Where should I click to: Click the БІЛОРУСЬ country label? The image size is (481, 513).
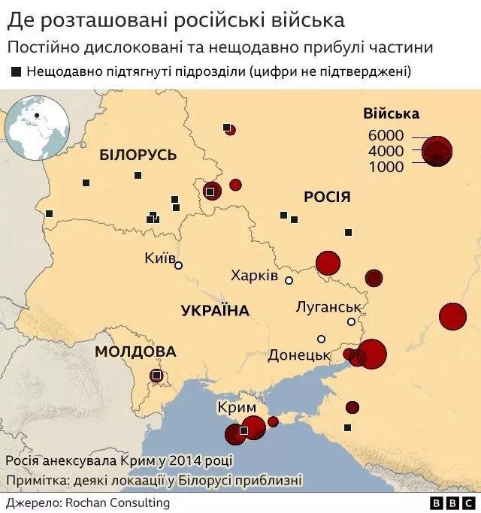click(x=138, y=155)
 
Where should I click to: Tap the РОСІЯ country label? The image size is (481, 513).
click(x=327, y=197)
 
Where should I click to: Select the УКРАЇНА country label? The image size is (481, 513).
click(x=215, y=310)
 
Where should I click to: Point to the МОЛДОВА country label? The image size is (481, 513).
click(x=135, y=352)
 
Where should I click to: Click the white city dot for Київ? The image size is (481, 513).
click(x=178, y=265)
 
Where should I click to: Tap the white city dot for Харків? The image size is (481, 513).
click(x=289, y=279)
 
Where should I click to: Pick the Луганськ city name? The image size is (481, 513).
click(x=329, y=306)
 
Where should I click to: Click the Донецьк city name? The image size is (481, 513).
click(x=299, y=355)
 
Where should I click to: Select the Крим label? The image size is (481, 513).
click(x=237, y=406)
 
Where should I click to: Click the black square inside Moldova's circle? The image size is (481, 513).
click(x=156, y=375)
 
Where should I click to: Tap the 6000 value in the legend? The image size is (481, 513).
click(x=386, y=135)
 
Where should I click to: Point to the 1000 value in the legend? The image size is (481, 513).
click(x=386, y=167)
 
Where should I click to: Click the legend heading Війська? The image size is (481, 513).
click(x=391, y=114)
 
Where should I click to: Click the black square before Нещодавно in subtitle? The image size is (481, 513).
click(x=16, y=72)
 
